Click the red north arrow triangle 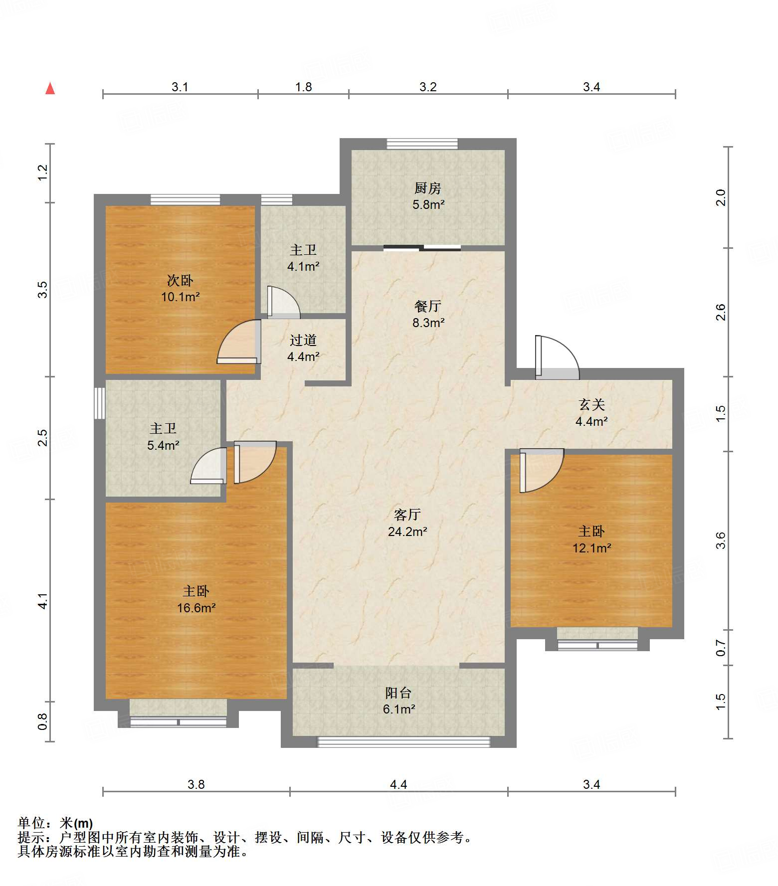pos(50,88)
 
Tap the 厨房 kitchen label pos(428,188)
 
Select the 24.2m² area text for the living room pos(407,532)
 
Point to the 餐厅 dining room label pos(428,306)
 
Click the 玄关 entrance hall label pos(591,404)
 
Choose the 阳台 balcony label pos(398,693)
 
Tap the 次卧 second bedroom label pos(180,280)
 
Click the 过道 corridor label pos(303,340)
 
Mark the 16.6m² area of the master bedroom pos(196,608)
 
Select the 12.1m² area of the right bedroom pos(592,548)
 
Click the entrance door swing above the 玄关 pos(557,357)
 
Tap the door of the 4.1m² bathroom pos(283,302)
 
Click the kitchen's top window pos(422,144)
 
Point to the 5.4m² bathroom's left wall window pos(100,403)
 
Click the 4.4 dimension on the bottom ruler pos(398,784)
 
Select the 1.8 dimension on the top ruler pos(303,87)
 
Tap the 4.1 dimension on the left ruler pos(43,601)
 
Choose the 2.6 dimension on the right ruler pos(721,312)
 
